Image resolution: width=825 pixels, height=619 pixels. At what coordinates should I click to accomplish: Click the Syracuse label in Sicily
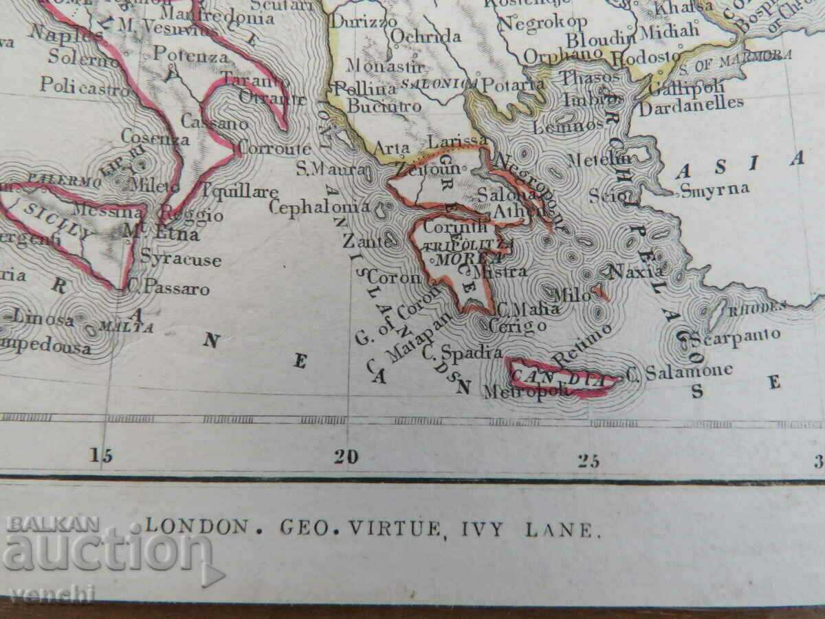point(181,259)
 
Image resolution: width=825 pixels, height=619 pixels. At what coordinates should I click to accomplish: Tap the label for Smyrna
point(714,189)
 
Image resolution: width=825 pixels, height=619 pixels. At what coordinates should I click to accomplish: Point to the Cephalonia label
point(319,206)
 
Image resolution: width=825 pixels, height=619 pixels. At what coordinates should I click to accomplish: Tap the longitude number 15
point(100,455)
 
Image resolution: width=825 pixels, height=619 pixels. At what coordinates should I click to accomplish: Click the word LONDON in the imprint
point(197,528)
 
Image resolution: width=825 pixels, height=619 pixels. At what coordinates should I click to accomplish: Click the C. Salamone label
point(679,371)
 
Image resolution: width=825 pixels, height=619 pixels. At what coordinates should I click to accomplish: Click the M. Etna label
point(161,234)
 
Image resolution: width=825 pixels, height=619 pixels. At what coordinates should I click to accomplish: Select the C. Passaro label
point(168,289)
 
